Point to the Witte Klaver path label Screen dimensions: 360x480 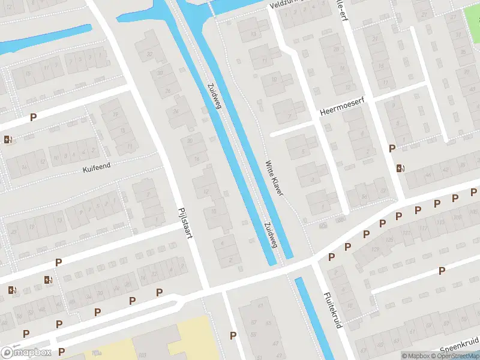275,177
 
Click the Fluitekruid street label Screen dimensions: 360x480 332,310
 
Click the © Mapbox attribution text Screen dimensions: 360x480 415,356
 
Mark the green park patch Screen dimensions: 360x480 472,18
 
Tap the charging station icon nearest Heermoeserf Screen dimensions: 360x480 400,168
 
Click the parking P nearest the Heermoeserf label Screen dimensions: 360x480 392,148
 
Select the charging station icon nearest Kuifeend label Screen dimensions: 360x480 7,139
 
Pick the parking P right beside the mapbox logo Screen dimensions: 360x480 61,352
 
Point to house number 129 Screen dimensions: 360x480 376,250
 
